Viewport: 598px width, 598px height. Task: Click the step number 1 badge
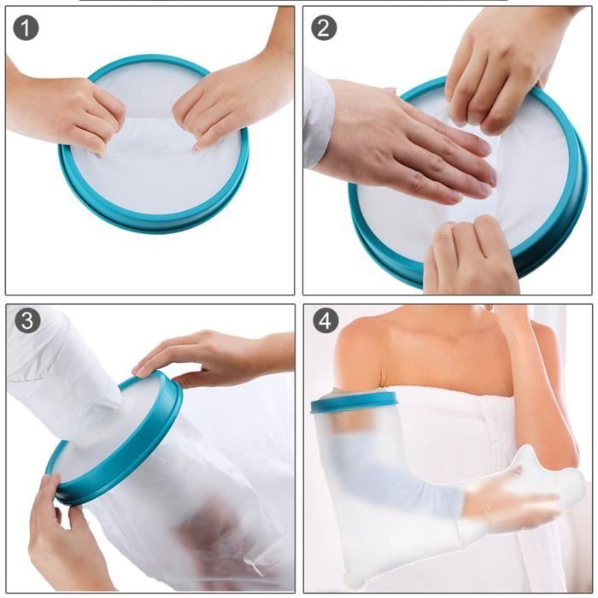coord(26,27)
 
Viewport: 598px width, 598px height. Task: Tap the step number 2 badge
coord(324,27)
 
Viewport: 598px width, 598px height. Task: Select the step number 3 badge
coord(26,322)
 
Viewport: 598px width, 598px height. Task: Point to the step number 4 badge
coord(324,322)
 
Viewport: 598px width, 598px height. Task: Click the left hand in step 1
coord(68,111)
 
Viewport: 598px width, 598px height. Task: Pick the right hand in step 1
coord(226,103)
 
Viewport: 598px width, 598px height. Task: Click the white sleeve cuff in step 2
coord(317,115)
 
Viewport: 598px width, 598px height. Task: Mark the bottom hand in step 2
coord(470,256)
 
